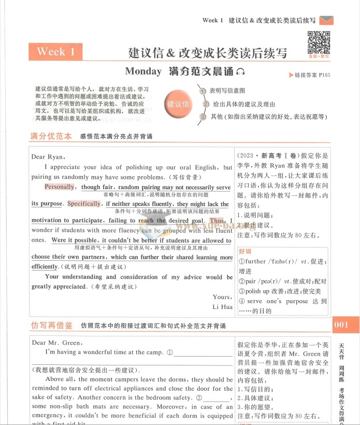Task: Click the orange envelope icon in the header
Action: pyautogui.click(x=326, y=20)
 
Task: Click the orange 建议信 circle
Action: pyautogui.click(x=178, y=104)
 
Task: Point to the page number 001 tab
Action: pyautogui.click(x=343, y=325)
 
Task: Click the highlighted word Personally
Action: pyautogui.click(x=60, y=187)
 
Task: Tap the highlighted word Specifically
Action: pyautogui.click(x=84, y=204)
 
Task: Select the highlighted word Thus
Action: pyautogui.click(x=218, y=221)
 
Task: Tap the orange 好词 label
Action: pyautogui.click(x=245, y=251)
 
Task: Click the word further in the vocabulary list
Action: pyautogui.click(x=255, y=262)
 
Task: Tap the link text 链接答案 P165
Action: pyautogui.click(x=309, y=76)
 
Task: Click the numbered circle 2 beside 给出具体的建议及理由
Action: pyautogui.click(x=206, y=104)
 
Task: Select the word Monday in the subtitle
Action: pyautogui.click(x=143, y=72)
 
